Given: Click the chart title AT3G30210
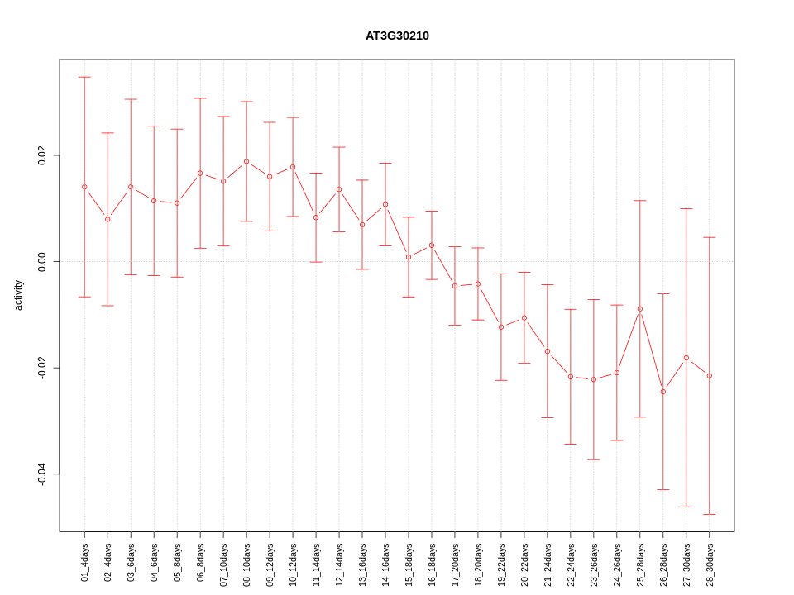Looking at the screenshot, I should [397, 36].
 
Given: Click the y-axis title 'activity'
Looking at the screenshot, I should [18, 295].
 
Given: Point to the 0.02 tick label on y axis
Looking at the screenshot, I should [42, 155].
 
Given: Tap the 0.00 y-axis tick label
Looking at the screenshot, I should [42, 261].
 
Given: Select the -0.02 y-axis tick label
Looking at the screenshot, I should [42, 368].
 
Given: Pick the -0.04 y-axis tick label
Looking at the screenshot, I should [42, 474].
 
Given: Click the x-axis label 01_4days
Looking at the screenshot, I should [84, 562].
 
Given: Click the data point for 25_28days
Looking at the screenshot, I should [640, 309].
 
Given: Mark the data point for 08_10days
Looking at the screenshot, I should [246, 161].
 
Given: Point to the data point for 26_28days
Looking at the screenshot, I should [663, 392].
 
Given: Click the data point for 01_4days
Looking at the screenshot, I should [84, 187].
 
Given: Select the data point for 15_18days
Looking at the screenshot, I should [409, 257].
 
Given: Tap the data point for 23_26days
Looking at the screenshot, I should [594, 379].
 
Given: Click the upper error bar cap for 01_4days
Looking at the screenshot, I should [84, 77].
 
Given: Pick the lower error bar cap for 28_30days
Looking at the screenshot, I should [710, 514].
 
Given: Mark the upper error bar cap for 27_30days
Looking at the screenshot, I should [686, 209].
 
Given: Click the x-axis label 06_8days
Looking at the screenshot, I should [200, 562].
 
